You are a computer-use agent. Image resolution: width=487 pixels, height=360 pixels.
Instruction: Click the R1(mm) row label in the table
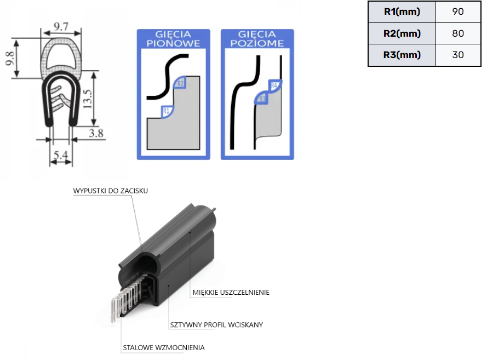402,12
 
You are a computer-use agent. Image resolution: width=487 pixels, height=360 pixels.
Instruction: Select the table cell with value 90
458,12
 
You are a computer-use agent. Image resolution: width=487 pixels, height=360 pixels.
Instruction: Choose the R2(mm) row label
402,33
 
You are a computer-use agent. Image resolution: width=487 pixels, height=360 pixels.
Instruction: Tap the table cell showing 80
458,33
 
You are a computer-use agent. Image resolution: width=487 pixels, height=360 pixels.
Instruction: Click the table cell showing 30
458,55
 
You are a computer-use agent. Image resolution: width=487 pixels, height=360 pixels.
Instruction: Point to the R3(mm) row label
402,55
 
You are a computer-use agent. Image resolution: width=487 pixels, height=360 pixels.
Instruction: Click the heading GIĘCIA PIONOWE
173,39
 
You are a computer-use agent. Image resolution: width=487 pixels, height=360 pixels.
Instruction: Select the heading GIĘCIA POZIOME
257,39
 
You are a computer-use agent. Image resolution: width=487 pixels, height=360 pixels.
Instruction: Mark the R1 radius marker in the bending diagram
167,112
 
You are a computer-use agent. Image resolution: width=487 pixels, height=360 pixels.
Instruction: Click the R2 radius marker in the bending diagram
181,83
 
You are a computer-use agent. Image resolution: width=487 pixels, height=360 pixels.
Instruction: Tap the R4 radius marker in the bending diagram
274,85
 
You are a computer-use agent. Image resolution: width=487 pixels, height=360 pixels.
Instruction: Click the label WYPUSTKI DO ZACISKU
111,191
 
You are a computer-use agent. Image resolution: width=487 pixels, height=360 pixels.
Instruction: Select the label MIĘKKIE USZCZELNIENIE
231,293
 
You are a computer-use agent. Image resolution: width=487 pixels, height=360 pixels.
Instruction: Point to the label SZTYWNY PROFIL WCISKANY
216,324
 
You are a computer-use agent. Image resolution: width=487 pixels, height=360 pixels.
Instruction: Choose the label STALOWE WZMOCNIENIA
163,347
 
